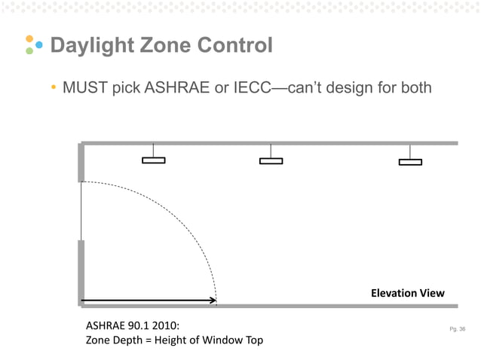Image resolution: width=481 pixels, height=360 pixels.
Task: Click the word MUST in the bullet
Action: pyautogui.click(x=86, y=88)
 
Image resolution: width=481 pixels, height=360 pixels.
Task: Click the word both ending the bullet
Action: pyautogui.click(x=413, y=88)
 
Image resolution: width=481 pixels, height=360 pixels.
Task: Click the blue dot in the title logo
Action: pyautogui.click(x=38, y=45)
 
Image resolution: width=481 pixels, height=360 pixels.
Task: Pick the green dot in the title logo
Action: pyautogui.click(x=29, y=52)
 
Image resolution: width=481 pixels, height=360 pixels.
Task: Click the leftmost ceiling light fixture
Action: pyautogui.click(x=153, y=160)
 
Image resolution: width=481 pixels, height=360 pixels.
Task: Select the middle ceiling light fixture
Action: pyautogui.click(x=271, y=160)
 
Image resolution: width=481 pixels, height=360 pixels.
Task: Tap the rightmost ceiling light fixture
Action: pyautogui.click(x=410, y=161)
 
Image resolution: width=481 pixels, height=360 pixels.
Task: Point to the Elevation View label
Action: pyautogui.click(x=407, y=293)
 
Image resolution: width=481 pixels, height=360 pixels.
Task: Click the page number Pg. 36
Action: pyautogui.click(x=456, y=329)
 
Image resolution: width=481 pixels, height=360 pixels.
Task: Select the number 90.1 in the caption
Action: pyautogui.click(x=137, y=327)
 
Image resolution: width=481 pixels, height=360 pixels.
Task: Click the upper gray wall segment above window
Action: pyautogui.click(x=81, y=163)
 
